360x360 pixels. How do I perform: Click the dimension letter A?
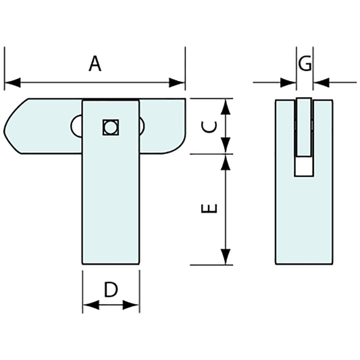pyautogui.click(x=95, y=64)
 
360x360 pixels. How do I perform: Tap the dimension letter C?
pyautogui.click(x=211, y=126)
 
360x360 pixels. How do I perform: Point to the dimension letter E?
pyautogui.click(x=211, y=209)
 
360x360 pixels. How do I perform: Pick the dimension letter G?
pyautogui.click(x=305, y=63)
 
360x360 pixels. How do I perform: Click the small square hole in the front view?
pyautogui.click(x=110, y=126)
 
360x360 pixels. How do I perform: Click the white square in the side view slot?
pyautogui.click(x=305, y=167)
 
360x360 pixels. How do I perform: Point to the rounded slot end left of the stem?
pyautogui.click(x=76, y=126)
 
